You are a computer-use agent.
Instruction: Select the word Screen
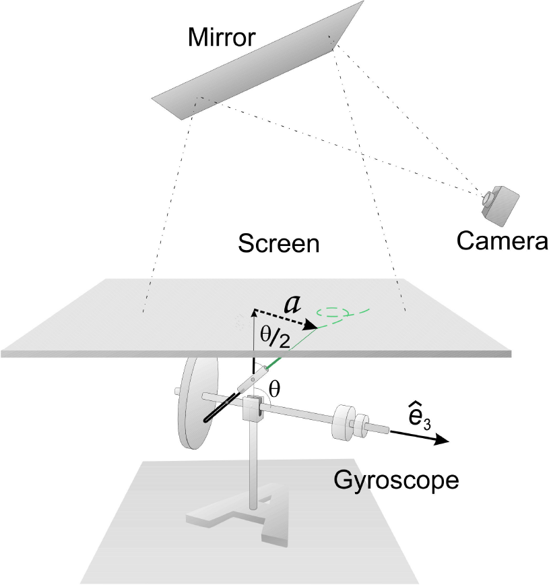tap(278, 244)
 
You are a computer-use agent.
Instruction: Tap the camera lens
tap(486, 199)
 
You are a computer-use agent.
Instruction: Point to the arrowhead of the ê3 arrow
tap(441, 441)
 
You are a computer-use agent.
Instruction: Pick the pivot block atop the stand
tap(251, 409)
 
